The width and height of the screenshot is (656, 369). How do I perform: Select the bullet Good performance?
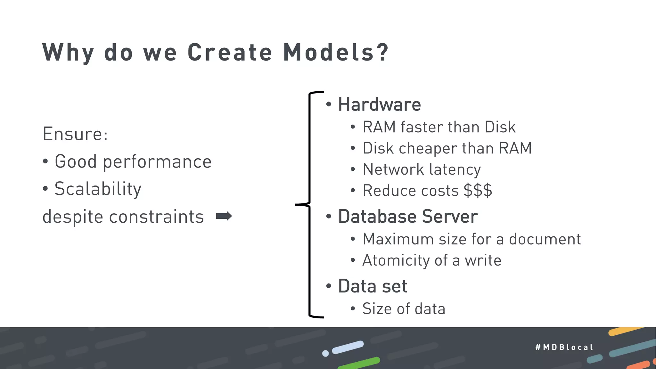pos(133,161)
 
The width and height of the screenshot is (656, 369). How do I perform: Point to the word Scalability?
pos(98,189)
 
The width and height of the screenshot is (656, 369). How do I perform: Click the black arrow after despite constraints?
pos(224,216)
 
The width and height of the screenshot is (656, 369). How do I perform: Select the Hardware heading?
pos(379,104)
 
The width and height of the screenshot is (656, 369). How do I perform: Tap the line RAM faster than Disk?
pos(439,127)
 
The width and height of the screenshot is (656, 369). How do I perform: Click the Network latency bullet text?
pos(422,169)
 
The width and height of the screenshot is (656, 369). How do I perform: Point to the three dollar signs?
pos(478,191)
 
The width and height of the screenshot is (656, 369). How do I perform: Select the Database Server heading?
pos(408,217)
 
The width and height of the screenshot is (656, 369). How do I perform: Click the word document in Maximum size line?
pos(545,239)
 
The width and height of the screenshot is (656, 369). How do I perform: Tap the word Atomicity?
pos(396,260)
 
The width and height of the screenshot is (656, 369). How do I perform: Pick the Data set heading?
pos(373,286)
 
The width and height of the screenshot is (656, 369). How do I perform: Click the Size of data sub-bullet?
pos(404,309)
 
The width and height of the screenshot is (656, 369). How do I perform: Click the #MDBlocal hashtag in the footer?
pos(564,347)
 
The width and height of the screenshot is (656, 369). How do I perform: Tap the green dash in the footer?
pos(359,363)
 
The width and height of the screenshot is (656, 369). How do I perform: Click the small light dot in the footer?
pos(325,353)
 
